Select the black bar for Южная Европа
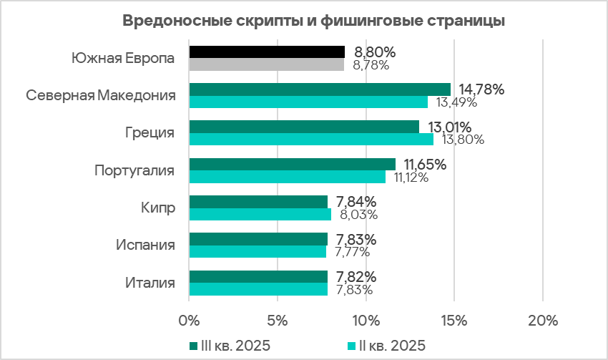tap(266, 52)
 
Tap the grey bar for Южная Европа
tap(266, 65)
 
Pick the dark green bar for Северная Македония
tap(319, 89)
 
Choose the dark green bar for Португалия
tap(292, 164)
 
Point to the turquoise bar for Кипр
tap(260, 214)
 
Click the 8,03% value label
tap(356, 214)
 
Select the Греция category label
tap(150, 133)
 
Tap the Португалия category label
tap(135, 170)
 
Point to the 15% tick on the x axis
tap(453, 318)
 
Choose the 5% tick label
tap(277, 318)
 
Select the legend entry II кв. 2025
tap(386, 346)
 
